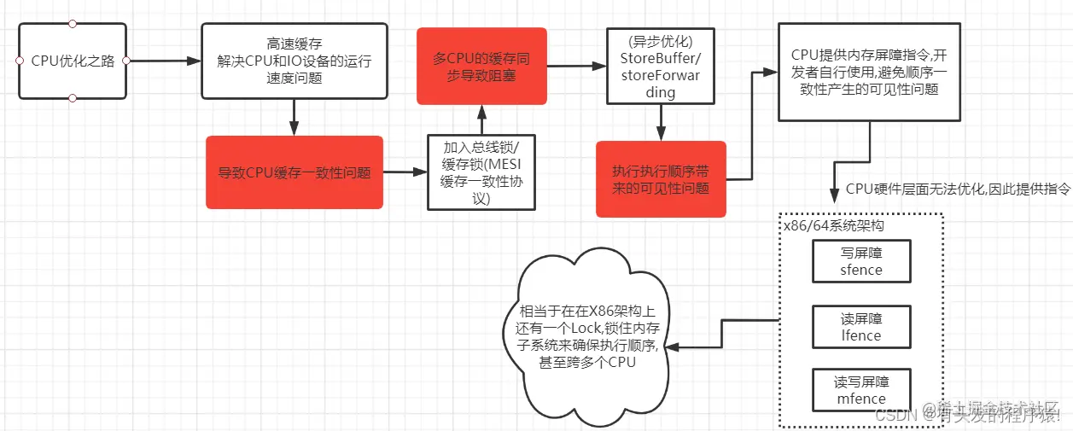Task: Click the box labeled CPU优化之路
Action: [x=73, y=61]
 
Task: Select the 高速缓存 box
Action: [x=294, y=61]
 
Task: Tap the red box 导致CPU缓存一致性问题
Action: [x=294, y=172]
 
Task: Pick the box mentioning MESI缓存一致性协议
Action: [x=481, y=172]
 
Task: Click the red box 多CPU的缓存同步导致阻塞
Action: [x=481, y=66]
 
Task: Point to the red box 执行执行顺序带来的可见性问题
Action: [x=661, y=179]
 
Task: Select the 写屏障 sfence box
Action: [x=860, y=261]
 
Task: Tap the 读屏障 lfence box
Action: [x=860, y=327]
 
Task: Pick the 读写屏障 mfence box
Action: [x=860, y=390]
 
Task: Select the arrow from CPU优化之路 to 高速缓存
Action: [x=162, y=61]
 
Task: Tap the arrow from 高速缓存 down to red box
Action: [x=294, y=117]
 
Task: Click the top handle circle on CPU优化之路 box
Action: [x=73, y=23]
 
